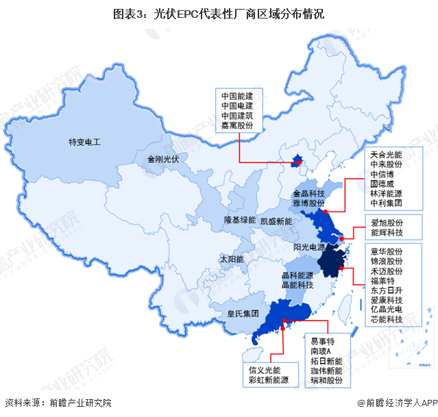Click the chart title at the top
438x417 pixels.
(219, 13)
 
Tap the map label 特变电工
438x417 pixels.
(84, 142)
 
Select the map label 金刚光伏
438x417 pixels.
(162, 159)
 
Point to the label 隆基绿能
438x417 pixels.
(240, 220)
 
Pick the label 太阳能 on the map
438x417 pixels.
(231, 260)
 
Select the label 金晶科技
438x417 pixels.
(308, 194)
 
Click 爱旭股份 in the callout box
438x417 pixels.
(387, 223)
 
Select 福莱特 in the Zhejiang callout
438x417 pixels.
(382, 279)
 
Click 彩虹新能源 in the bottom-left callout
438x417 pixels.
(269, 379)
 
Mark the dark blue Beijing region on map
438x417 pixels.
(297, 162)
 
